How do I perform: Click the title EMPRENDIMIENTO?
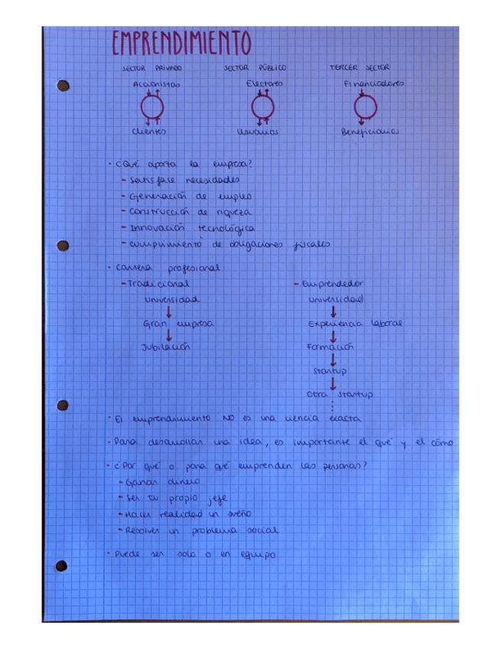tap(181, 44)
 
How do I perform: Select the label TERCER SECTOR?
tap(359, 67)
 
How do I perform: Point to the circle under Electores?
tap(263, 106)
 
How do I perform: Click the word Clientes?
tap(149, 131)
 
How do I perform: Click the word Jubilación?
tap(164, 347)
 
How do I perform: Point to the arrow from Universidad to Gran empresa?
tap(168, 311)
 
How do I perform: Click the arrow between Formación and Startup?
tap(333, 358)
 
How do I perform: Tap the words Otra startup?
tap(339, 395)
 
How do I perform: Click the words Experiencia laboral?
tap(354, 324)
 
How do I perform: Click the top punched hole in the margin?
tap(63, 86)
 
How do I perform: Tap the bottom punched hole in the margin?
tap(61, 566)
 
